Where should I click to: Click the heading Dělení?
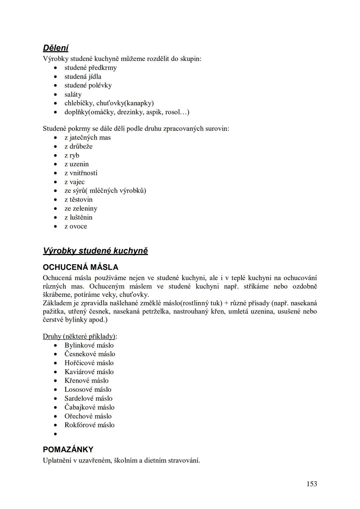click(55, 48)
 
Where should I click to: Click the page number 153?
click(311, 484)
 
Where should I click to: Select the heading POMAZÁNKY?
click(68, 449)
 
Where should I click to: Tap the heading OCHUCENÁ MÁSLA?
click(80, 267)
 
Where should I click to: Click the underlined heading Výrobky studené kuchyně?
click(95, 251)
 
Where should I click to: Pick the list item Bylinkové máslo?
click(89, 345)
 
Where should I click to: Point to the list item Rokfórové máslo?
click(89, 425)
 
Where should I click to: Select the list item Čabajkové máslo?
click(89, 407)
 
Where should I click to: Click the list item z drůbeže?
click(78, 146)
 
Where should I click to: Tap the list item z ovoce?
click(76, 226)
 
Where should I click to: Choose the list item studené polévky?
click(88, 85)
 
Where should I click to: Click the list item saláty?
click(73, 94)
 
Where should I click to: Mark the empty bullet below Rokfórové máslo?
click(56, 434)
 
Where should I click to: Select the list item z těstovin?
click(78, 200)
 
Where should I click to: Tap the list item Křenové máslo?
click(86, 381)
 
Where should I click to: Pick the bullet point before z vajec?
click(56, 182)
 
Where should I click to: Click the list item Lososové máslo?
click(88, 390)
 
